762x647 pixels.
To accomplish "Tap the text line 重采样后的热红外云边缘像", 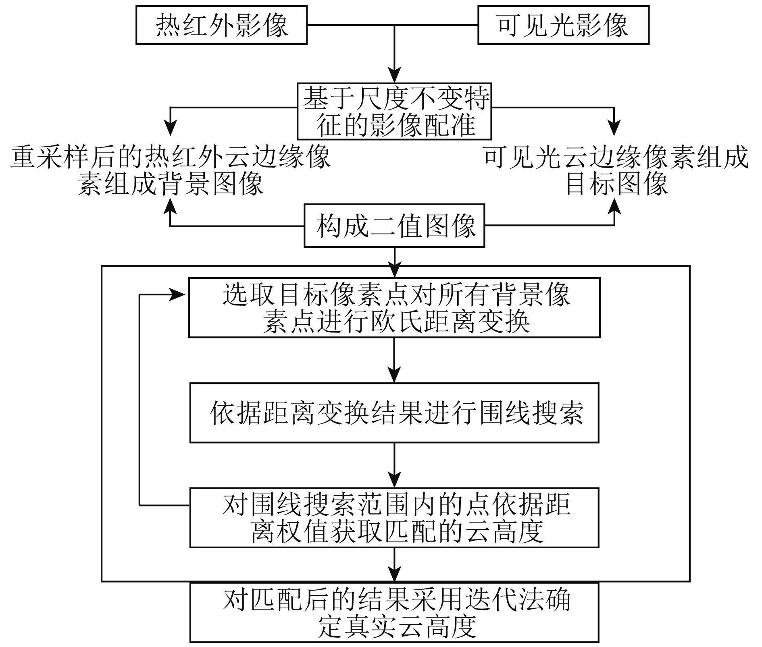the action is [x=171, y=157].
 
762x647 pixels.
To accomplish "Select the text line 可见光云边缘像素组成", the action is [x=617, y=157].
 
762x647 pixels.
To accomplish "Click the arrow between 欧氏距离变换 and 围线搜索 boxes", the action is [x=394, y=360].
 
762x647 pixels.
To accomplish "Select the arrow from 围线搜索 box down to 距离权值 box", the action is [x=394, y=465].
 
